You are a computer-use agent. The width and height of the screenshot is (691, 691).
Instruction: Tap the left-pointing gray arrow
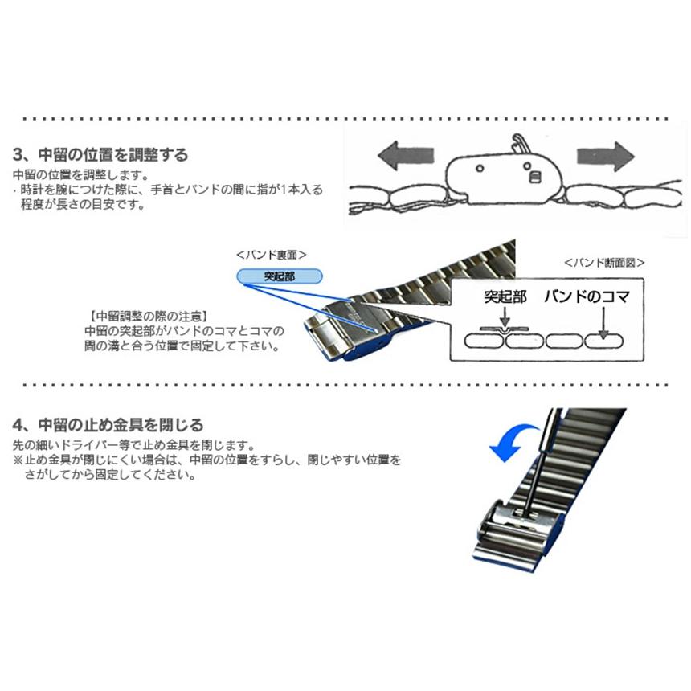click(x=406, y=154)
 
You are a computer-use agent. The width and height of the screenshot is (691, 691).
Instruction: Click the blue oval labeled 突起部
click(x=280, y=276)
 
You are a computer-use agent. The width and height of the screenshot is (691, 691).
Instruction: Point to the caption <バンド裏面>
click(x=272, y=255)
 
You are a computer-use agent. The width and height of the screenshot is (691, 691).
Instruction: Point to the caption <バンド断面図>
click(x=604, y=262)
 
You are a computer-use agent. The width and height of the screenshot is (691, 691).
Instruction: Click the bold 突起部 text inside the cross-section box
click(x=505, y=296)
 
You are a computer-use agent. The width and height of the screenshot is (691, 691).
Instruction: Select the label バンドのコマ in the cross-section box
click(x=586, y=296)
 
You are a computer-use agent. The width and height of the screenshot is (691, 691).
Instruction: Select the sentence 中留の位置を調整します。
click(x=80, y=174)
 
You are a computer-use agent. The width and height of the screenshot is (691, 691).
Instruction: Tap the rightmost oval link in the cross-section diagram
click(x=603, y=341)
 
